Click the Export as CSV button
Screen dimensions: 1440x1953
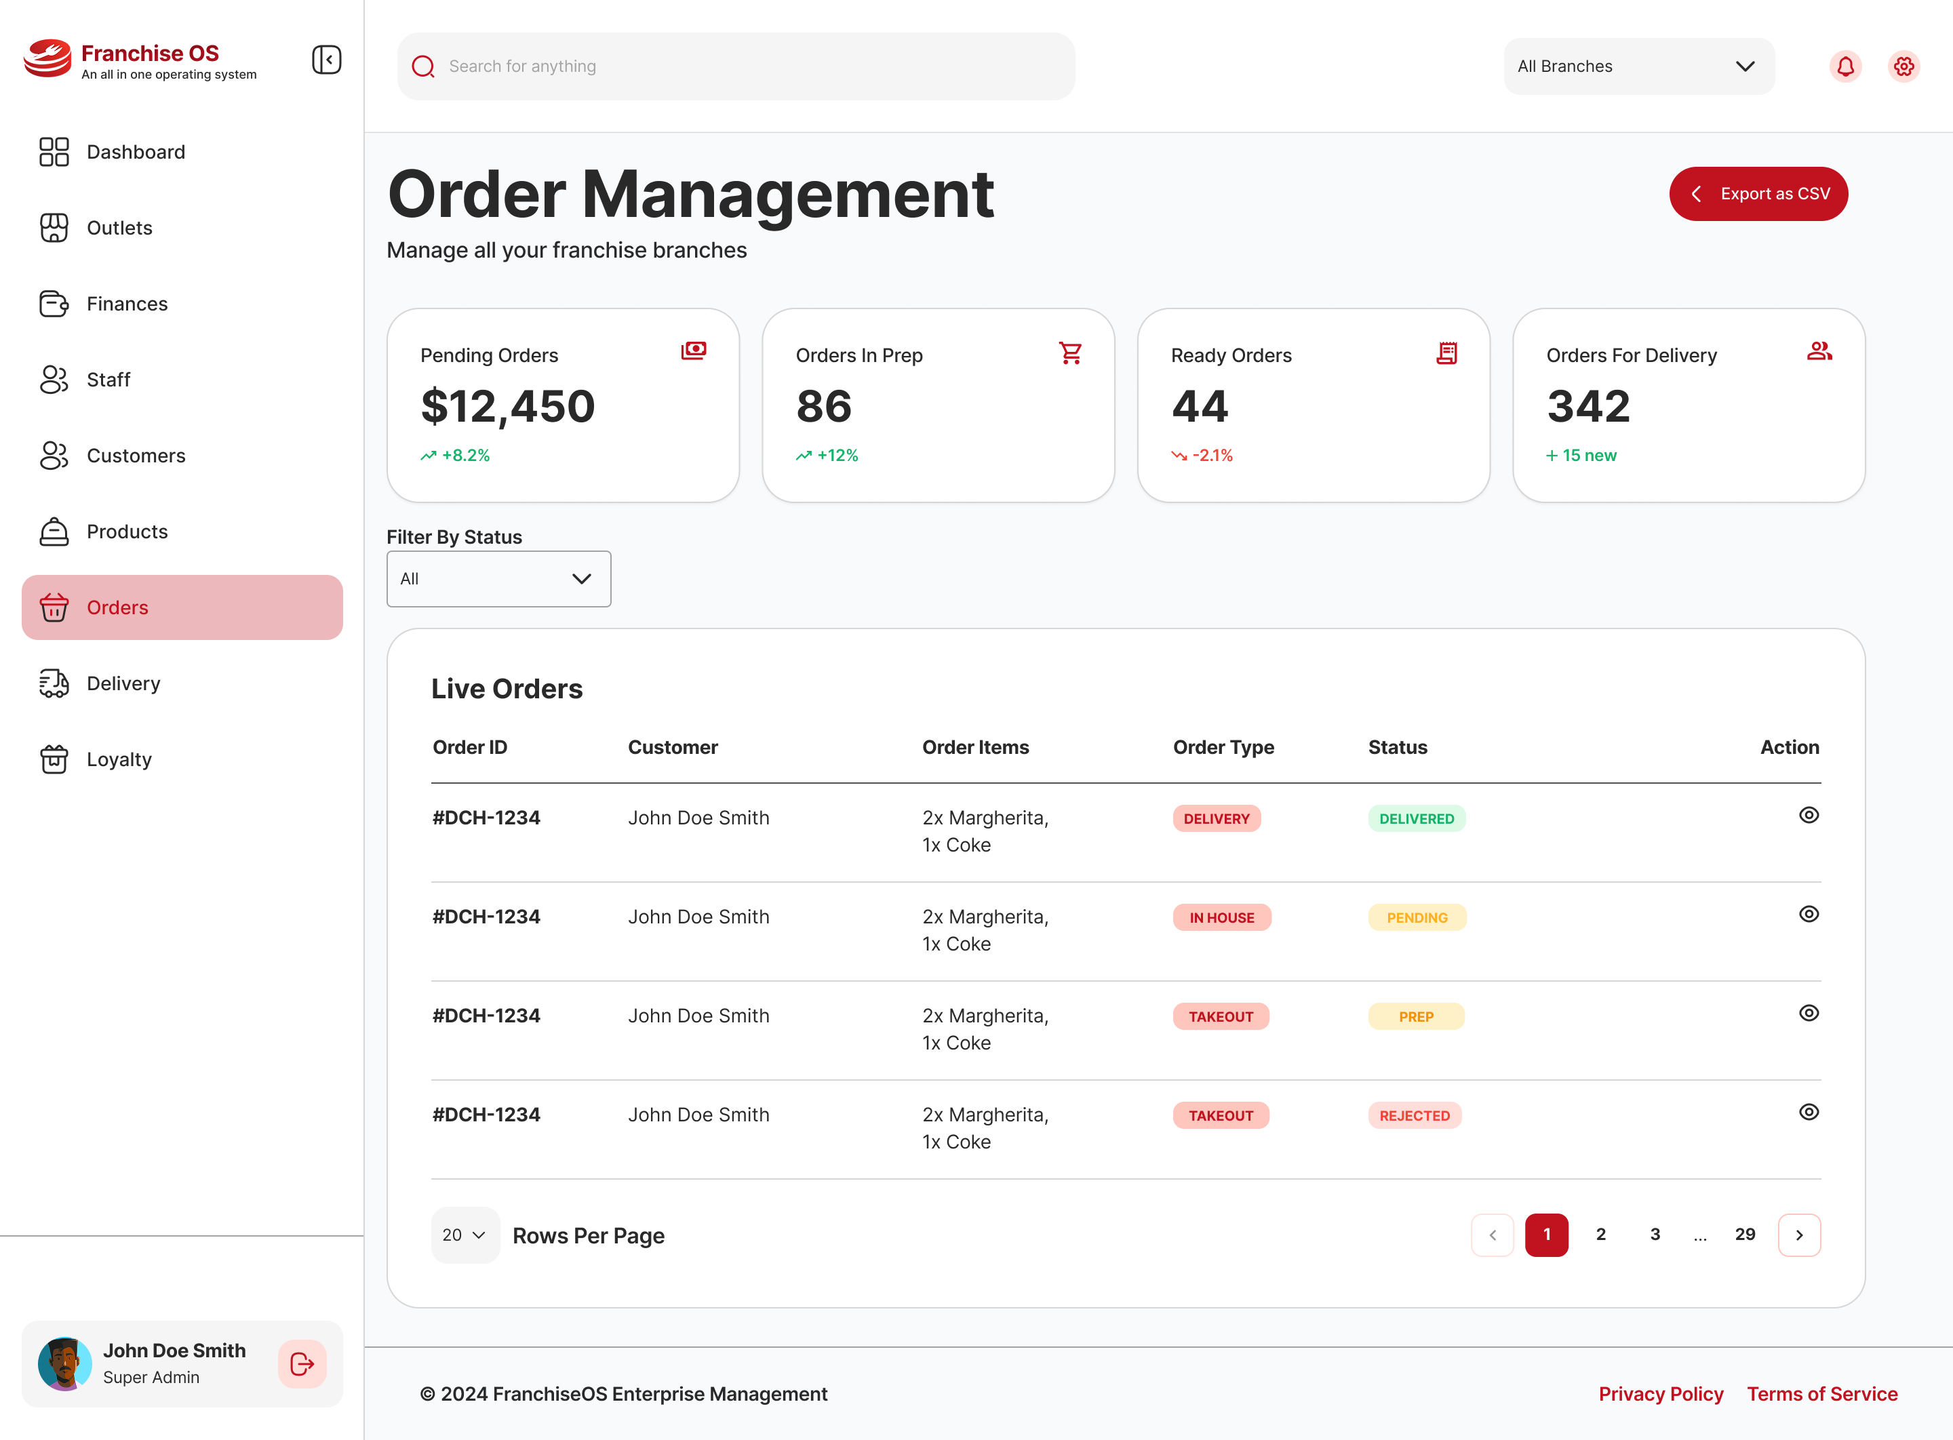(1758, 193)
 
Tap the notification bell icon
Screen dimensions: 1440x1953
(1845, 66)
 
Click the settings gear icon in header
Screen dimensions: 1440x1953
(1903, 66)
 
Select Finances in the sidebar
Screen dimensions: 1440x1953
(127, 303)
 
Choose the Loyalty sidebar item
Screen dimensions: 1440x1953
(119, 759)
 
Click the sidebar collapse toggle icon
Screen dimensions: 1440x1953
(326, 60)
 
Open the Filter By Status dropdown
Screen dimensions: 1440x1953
(498, 579)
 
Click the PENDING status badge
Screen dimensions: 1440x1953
(1416, 918)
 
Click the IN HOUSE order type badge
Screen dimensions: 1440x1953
(1221, 918)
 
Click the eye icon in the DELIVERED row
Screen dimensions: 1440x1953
(1809, 815)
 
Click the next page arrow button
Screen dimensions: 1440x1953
(1798, 1235)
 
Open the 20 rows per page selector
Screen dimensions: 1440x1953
(464, 1235)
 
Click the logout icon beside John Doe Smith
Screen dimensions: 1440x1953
(302, 1364)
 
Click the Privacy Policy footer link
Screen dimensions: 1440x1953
(1660, 1394)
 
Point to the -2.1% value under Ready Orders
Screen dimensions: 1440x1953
(1211, 455)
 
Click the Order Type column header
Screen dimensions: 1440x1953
(1223, 747)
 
